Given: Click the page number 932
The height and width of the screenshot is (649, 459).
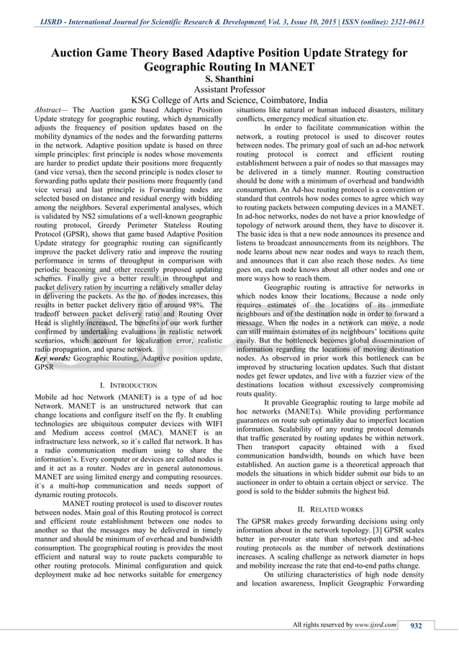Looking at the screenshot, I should [416, 625].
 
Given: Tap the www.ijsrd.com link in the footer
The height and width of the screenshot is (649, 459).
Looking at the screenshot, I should [375, 625].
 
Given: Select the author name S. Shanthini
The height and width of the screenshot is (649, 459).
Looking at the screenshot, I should [229, 78].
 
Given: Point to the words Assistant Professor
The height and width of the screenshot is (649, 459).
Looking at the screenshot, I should [229, 89].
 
